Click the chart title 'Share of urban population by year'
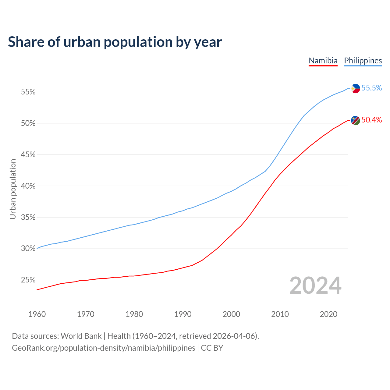point(115,42)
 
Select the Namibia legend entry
point(323,61)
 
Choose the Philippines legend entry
point(363,61)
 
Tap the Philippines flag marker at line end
point(355,88)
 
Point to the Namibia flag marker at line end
point(355,120)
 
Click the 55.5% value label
point(372,88)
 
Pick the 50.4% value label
point(372,120)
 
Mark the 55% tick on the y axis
point(28,92)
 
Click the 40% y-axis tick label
point(28,186)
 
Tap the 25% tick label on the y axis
point(28,280)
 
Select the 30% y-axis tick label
point(28,249)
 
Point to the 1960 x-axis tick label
point(37,314)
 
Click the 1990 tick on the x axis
point(183,314)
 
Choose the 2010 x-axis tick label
point(280,314)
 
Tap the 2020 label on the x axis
point(328,314)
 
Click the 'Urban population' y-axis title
point(13,189)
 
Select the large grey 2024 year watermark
point(315,286)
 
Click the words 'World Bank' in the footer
point(81,336)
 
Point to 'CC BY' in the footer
point(212,348)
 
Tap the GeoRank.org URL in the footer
point(104,348)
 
